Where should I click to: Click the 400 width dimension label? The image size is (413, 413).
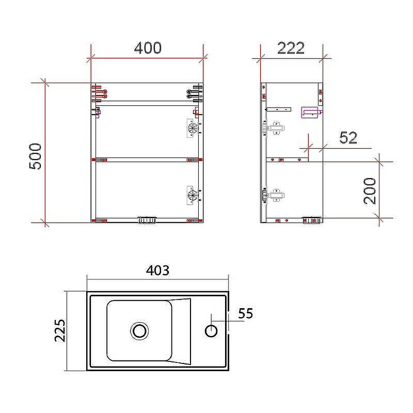coord(148,48)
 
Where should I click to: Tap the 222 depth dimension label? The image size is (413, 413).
coord(291,48)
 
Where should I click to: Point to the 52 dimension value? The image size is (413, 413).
coord(348,138)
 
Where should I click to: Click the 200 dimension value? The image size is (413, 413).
coord(370,190)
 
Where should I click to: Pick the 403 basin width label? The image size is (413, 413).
coord(157,270)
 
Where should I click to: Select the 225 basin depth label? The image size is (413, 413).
coord(59,330)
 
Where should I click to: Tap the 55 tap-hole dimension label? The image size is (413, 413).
coord(246,313)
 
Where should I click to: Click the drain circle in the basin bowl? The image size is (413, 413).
coord(139,330)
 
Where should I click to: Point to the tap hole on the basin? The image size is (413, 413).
coord(211,330)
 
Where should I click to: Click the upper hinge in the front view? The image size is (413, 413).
coord(193,127)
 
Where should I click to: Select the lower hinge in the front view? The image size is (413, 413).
coord(193,195)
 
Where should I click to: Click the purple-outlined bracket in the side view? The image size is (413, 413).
coord(311,112)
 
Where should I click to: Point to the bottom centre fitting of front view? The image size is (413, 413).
coord(147,220)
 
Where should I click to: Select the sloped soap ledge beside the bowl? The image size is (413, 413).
coord(181,330)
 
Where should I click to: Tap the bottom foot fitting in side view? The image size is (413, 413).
coord(311,220)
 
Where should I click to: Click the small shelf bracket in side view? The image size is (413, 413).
coord(279,109)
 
